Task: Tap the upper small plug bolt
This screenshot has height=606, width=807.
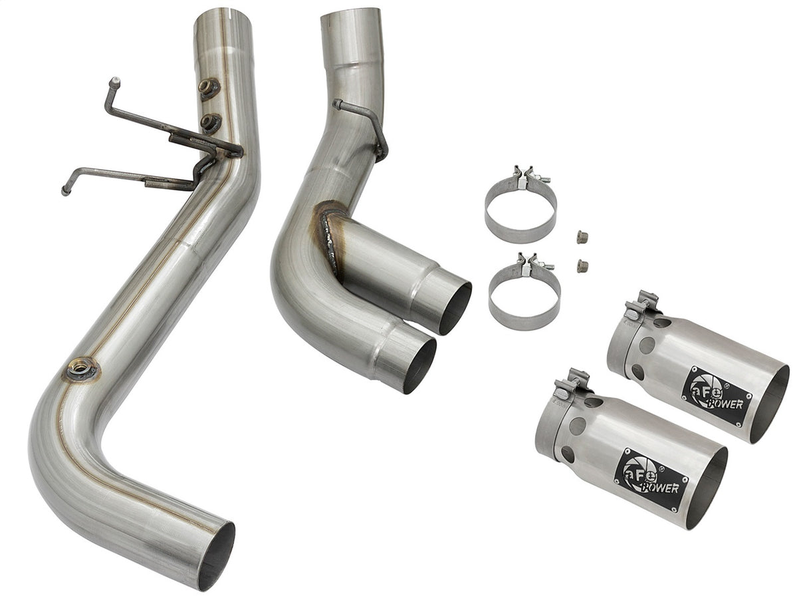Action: coord(582,236)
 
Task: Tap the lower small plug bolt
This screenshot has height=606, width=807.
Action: coord(582,265)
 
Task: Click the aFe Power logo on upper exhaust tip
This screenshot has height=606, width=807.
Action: coord(716,396)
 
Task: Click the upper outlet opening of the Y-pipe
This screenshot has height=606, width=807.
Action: coord(455,307)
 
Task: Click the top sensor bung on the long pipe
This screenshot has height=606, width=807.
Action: coord(209,88)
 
